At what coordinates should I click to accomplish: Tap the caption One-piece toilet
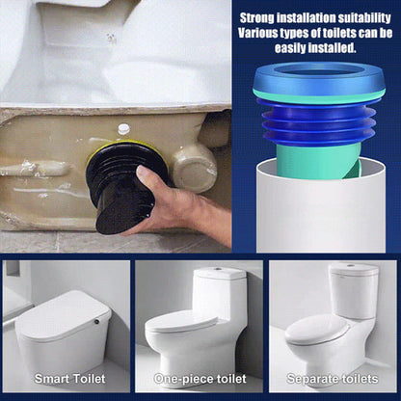200,378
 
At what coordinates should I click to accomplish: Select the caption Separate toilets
333,378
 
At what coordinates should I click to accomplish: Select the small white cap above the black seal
123,128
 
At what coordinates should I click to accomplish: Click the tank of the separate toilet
354,290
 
